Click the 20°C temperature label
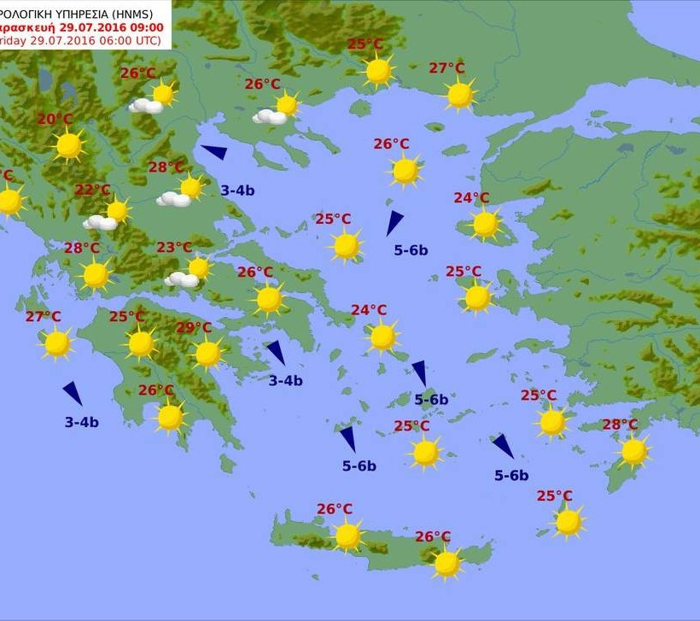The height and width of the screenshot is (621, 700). [x=55, y=119]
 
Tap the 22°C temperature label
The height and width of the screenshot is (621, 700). [x=93, y=190]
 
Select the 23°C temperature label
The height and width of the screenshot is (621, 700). [x=174, y=248]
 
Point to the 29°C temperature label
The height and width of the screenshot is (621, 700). [x=194, y=327]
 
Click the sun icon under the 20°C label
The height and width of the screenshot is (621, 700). [x=68, y=146]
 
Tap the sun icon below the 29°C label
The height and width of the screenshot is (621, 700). [x=207, y=353]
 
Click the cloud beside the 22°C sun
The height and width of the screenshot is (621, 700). [x=101, y=222]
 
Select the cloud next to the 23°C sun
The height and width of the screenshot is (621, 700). [x=181, y=279]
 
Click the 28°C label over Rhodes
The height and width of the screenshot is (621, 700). [x=620, y=425]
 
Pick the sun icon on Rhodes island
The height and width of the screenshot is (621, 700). [x=633, y=451]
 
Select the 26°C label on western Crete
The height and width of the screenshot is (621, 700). [x=335, y=509]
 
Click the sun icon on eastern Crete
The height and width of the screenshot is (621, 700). [x=446, y=563]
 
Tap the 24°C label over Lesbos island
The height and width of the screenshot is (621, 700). [x=471, y=198]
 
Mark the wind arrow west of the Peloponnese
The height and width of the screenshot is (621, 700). [x=73, y=393]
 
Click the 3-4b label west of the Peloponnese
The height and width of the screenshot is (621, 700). [x=82, y=422]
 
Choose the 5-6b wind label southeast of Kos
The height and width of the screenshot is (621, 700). [x=511, y=476]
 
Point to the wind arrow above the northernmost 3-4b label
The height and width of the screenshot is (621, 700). [x=214, y=152]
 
